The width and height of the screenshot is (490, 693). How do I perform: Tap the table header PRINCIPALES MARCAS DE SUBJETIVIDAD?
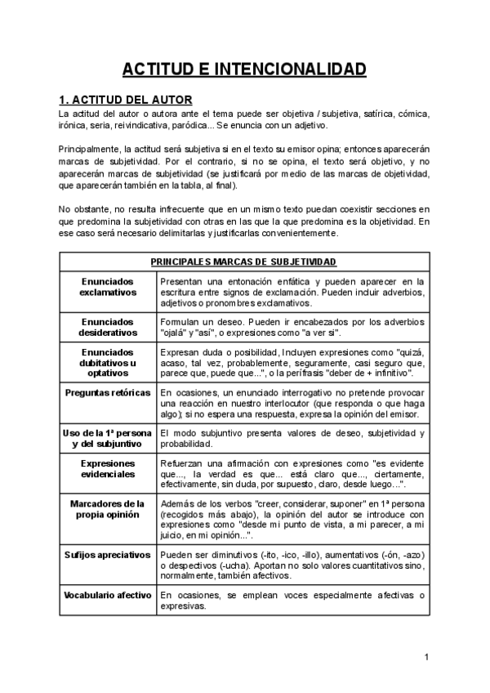point(243,262)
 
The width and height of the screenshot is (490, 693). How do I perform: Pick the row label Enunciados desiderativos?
point(108,328)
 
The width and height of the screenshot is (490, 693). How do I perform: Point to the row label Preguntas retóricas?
point(108,393)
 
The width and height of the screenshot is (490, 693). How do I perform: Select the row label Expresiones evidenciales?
point(108,468)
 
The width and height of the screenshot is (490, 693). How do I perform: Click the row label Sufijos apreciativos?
point(108,555)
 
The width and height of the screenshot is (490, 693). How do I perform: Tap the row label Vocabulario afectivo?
point(108,596)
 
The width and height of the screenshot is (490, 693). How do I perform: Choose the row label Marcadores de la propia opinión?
point(108,508)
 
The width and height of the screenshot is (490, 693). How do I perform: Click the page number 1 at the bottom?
point(426,656)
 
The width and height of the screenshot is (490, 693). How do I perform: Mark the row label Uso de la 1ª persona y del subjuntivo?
point(108,439)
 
